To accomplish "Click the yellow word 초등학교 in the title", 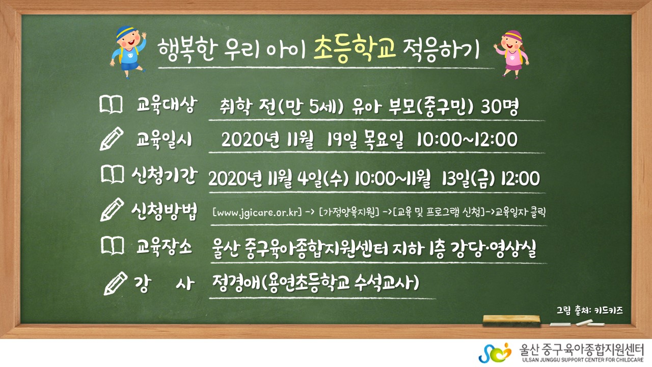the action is (355, 48).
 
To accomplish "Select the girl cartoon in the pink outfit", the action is (511, 54).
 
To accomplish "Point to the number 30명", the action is (500, 107).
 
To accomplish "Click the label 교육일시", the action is (164, 140).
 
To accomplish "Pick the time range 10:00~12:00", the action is (467, 139).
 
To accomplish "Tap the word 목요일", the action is (384, 140).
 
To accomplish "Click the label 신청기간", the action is (165, 175).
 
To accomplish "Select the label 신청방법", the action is (164, 211).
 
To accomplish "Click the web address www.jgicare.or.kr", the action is (257, 213).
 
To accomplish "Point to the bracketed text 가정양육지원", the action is (349, 212).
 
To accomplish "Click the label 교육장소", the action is (164, 248).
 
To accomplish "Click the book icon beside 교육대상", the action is (111, 104).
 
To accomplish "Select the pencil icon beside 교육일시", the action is (112, 139).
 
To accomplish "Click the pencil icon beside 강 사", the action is (116, 283).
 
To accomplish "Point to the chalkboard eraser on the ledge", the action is (511, 321).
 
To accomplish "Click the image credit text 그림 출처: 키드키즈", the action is (590, 310).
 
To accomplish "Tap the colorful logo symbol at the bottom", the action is (495, 353).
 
